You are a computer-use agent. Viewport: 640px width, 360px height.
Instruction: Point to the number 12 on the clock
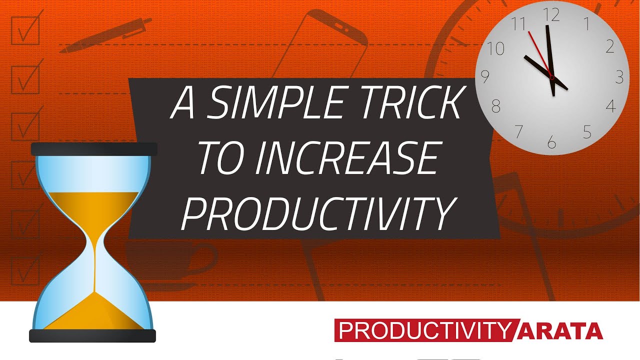551,16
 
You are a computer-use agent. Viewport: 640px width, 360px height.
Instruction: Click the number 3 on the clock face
619,77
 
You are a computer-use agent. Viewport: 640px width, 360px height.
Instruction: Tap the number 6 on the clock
551,143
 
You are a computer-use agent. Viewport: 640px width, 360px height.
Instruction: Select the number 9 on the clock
484,76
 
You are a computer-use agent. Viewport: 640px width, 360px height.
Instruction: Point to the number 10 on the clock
495,48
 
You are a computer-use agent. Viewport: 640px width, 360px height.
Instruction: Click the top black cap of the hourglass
94,149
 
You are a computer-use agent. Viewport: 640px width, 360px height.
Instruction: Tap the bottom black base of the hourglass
92,335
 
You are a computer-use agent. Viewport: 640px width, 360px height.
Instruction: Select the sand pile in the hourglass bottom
93,312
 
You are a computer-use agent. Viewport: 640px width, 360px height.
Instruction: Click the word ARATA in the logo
562,331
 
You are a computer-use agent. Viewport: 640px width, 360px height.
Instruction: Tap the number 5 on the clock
587,132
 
